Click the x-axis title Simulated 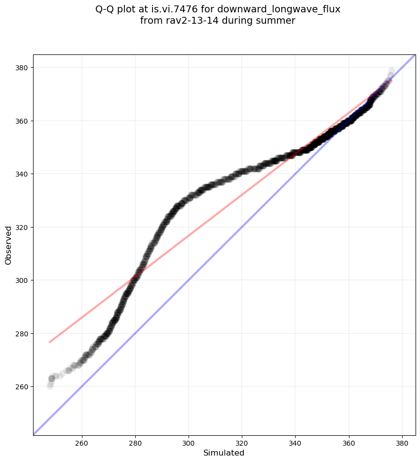click(224, 453)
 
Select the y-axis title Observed click(8, 245)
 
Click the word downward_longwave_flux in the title click(291, 9)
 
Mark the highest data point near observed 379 click(391, 71)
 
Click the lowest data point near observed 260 click(50, 386)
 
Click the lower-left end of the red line click(49, 342)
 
